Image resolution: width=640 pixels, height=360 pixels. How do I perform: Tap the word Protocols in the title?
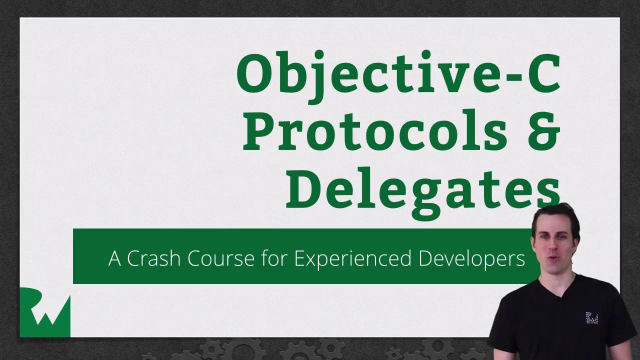(375, 131)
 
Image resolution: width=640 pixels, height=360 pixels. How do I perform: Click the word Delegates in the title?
(422, 189)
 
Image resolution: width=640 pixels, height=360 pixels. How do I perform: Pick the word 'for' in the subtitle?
(275, 258)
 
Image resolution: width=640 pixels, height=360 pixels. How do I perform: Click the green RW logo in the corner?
(45, 312)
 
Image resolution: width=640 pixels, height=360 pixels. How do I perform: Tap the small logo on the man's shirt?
(592, 318)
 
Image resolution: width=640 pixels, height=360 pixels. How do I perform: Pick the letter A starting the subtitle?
(114, 258)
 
